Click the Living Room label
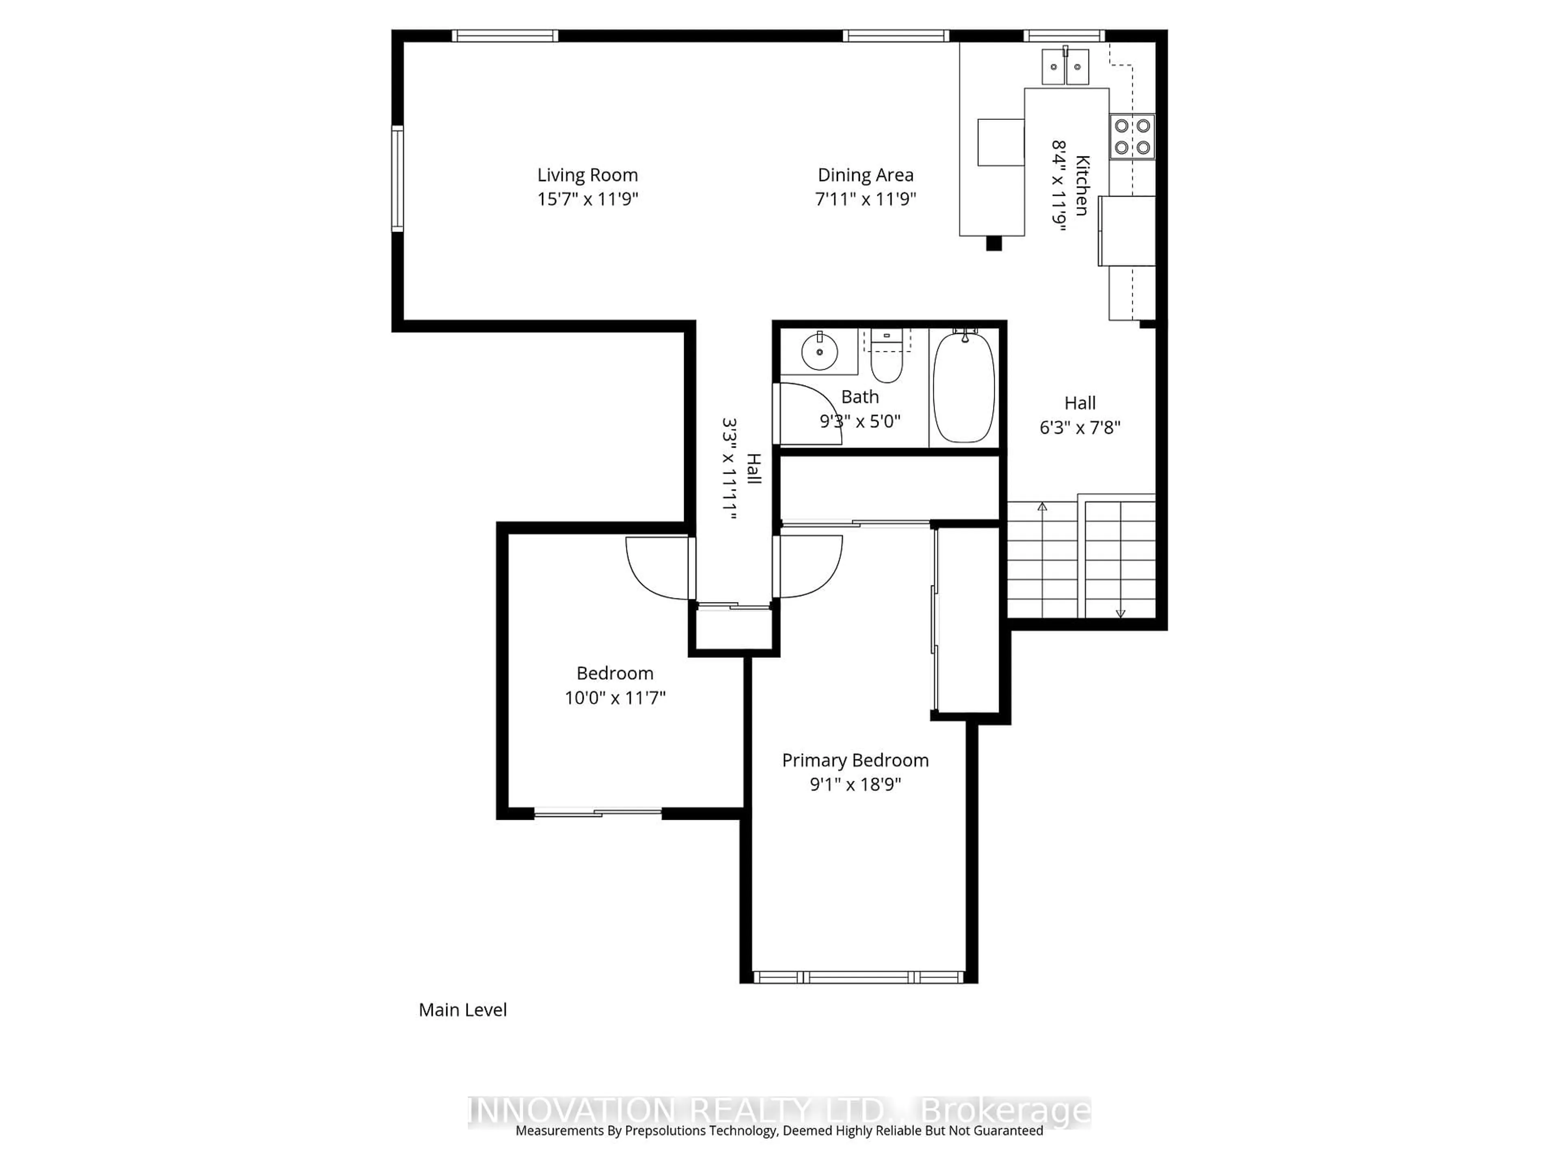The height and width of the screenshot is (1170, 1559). [x=587, y=175]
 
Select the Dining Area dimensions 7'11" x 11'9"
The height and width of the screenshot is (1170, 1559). [x=866, y=199]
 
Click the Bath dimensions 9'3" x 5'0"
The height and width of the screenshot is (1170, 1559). [x=860, y=421]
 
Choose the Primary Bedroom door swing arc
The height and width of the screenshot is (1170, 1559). [x=810, y=568]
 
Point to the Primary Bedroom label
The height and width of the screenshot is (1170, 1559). [x=855, y=760]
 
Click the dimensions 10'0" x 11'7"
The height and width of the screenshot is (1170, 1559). [x=615, y=698]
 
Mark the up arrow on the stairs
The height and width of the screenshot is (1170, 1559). [x=1043, y=506]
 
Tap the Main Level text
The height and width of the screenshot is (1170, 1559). [x=462, y=1010]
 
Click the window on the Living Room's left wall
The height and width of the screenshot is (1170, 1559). [x=397, y=178]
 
